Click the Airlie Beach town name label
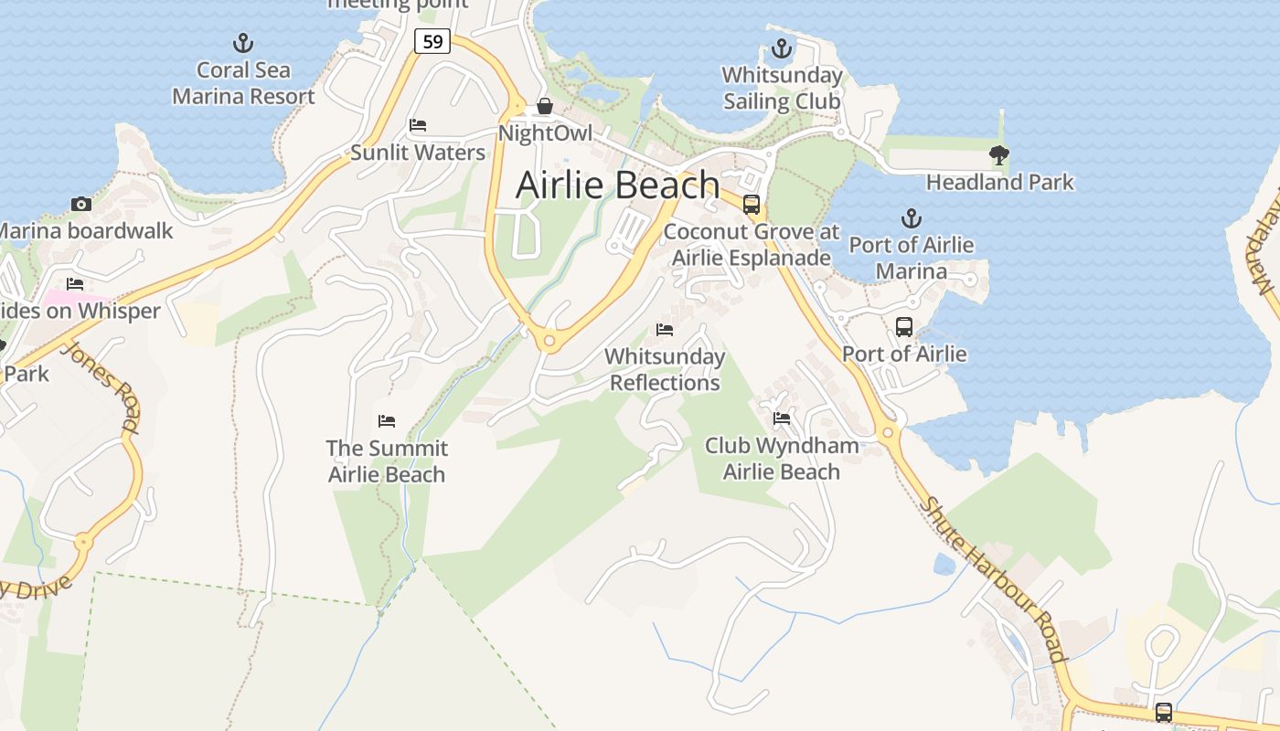(x=618, y=185)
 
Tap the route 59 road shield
(x=432, y=41)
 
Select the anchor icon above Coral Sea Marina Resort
(x=243, y=43)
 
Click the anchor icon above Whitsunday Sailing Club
(x=781, y=48)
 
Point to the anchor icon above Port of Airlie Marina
(x=911, y=218)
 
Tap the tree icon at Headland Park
(x=999, y=155)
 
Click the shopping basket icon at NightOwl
(x=545, y=107)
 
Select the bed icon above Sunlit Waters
(x=418, y=125)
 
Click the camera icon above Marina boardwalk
(x=81, y=205)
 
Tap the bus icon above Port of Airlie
(x=903, y=327)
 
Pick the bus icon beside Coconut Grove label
(x=752, y=205)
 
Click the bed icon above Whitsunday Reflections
(x=665, y=330)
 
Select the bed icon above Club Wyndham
(x=782, y=419)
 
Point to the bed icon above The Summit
(x=387, y=421)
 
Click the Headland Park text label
(x=1000, y=182)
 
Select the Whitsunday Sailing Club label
(x=782, y=88)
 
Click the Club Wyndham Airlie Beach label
(x=782, y=459)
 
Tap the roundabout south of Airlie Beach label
(x=549, y=342)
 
